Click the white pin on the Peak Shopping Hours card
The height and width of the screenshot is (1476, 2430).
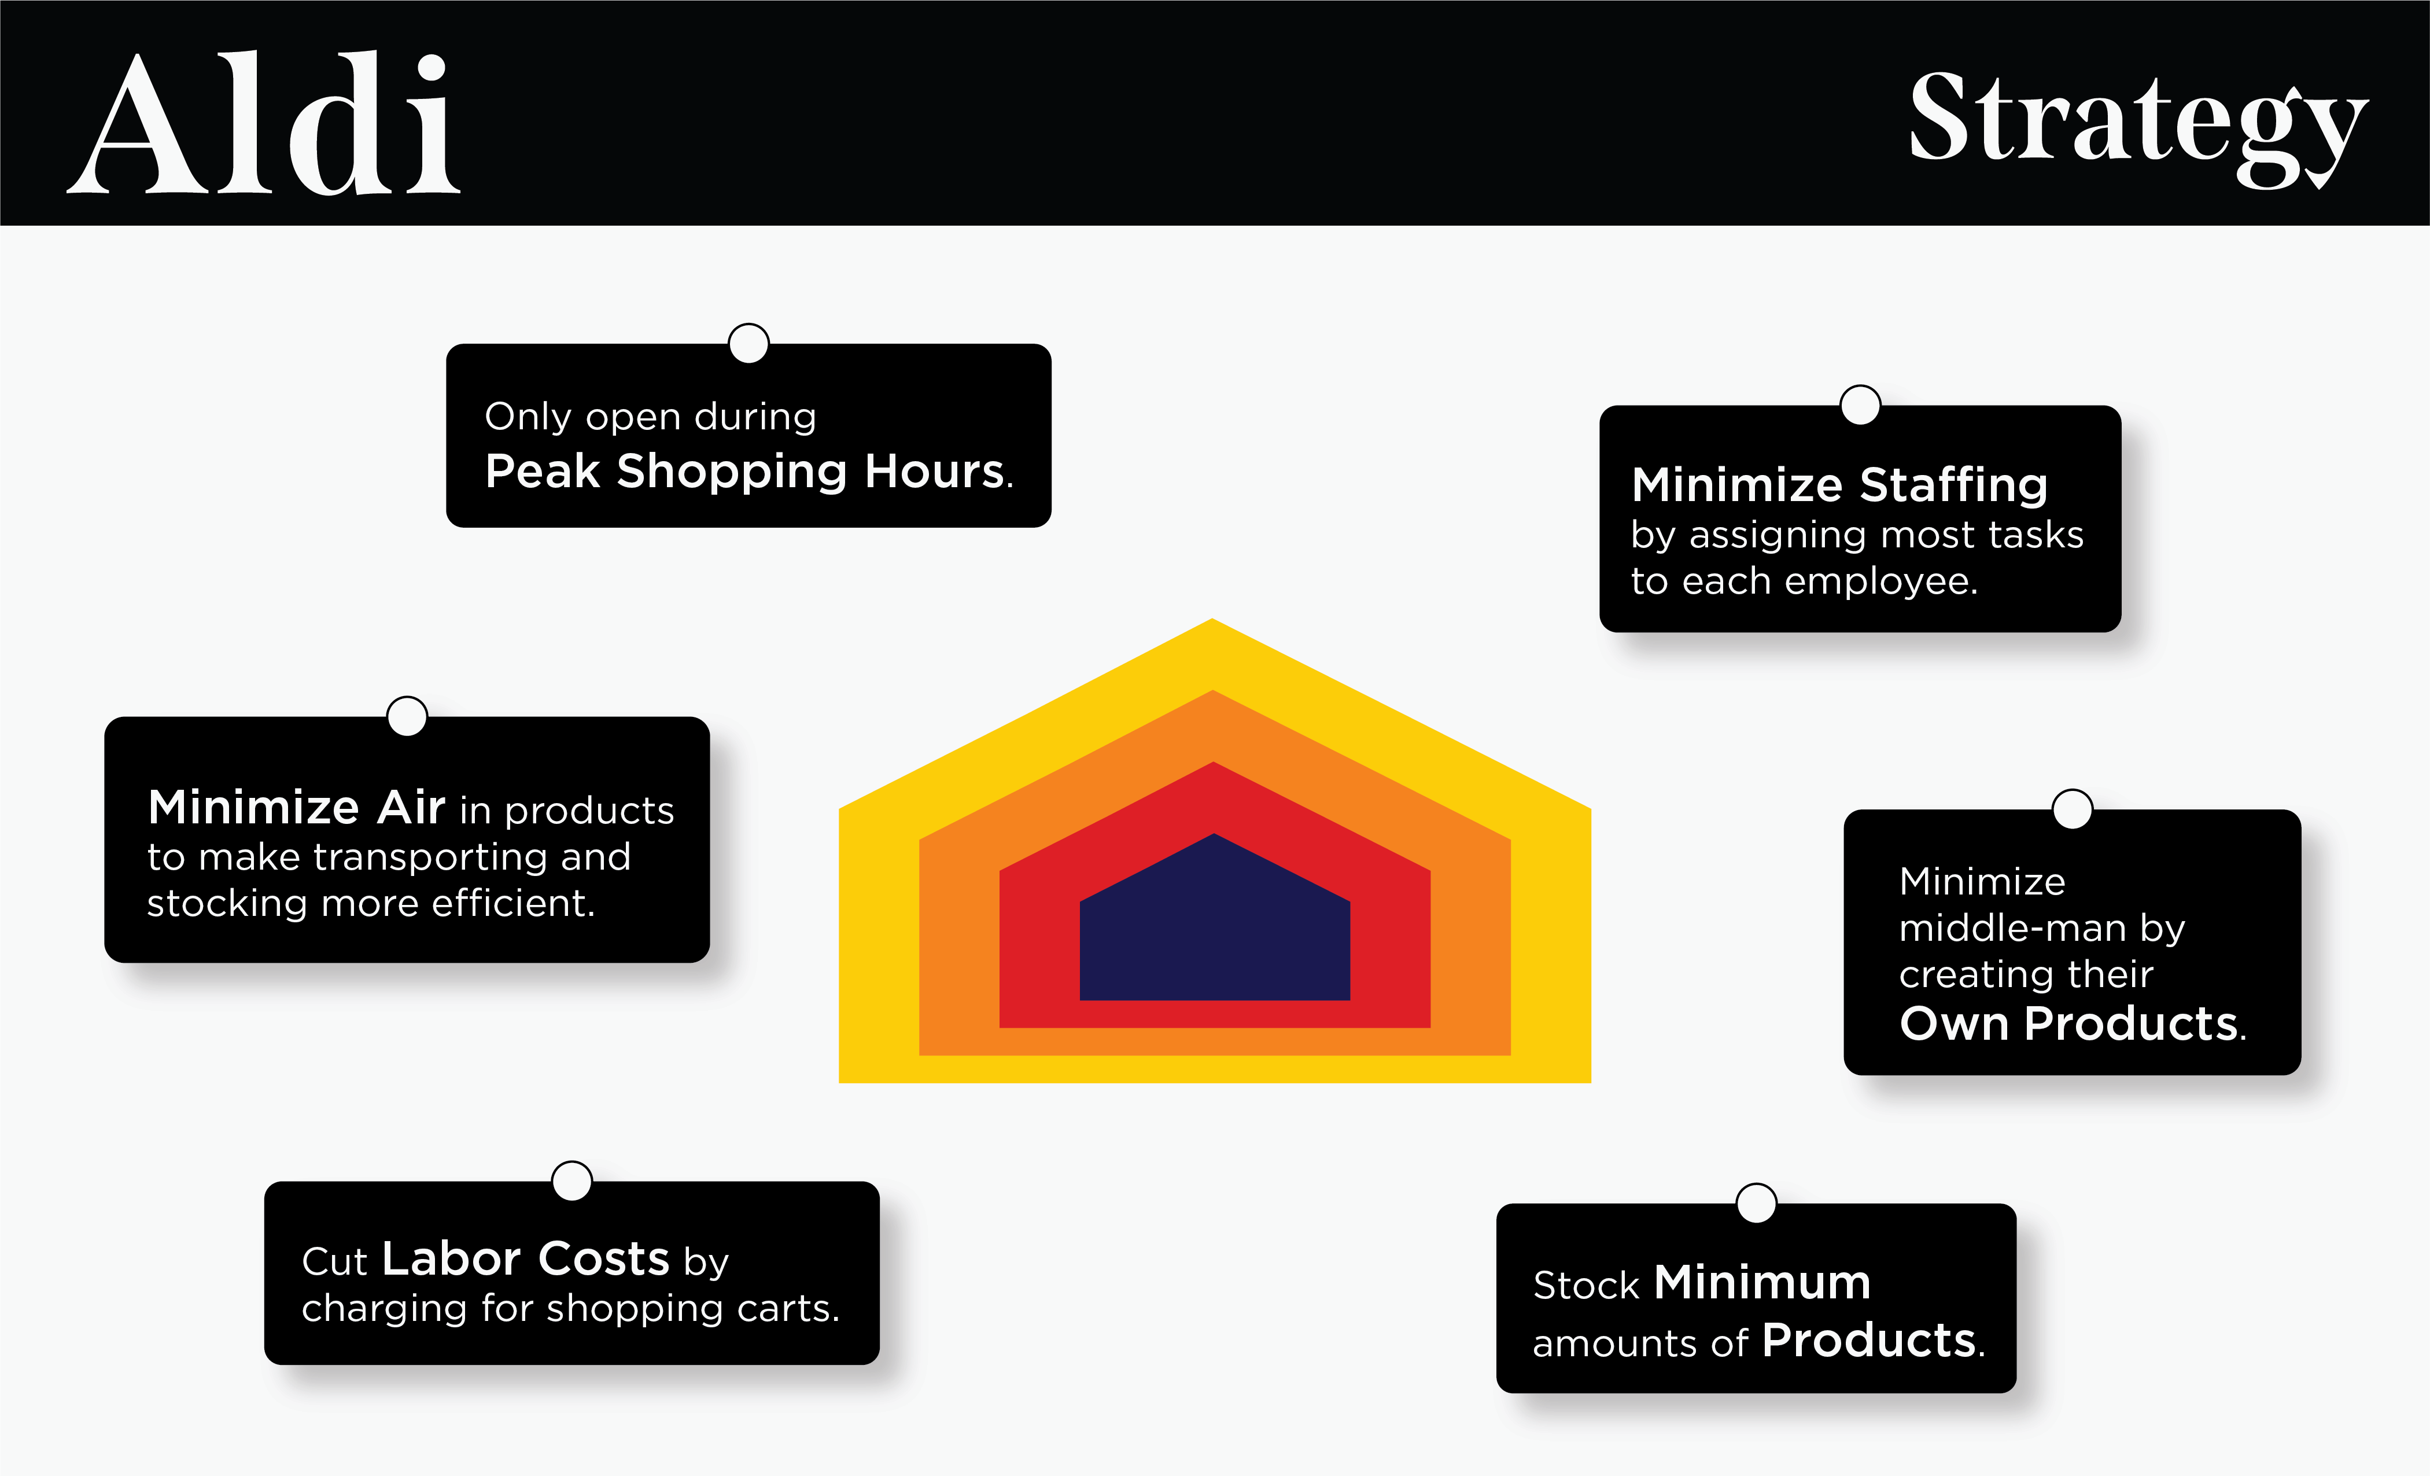click(x=748, y=343)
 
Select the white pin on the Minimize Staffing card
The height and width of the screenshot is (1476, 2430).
click(x=1860, y=404)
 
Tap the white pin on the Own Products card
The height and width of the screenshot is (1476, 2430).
click(x=2072, y=809)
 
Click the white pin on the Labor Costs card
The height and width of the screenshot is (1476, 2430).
click(x=572, y=1181)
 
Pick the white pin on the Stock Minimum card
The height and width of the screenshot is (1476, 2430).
click(x=1757, y=1203)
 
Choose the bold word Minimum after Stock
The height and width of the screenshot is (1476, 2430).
click(x=1762, y=1283)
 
